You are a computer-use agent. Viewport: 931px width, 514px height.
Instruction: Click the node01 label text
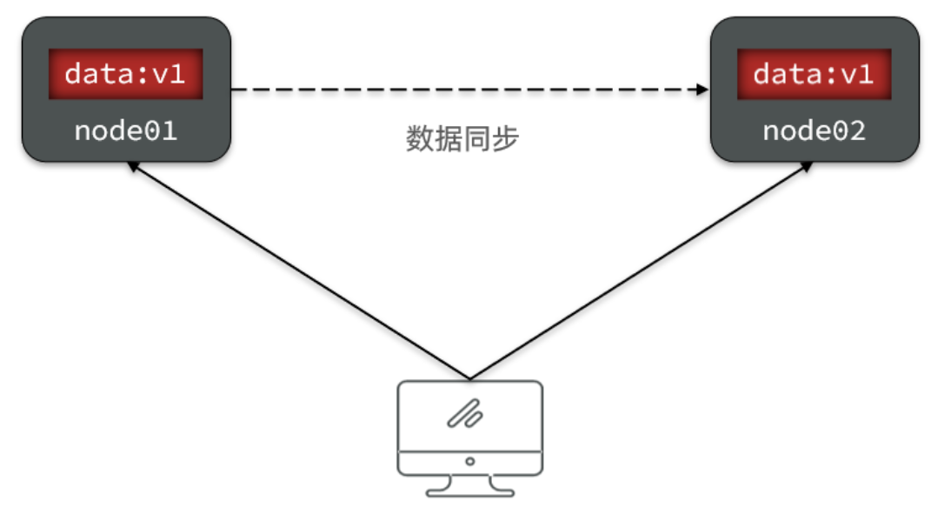(x=125, y=131)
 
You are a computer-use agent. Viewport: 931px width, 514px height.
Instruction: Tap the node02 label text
(x=814, y=131)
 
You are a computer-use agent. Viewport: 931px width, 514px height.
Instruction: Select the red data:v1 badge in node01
(x=125, y=75)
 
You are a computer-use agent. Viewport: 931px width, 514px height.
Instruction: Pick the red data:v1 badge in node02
(x=814, y=75)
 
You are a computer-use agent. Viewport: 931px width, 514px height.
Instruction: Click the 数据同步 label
(x=462, y=139)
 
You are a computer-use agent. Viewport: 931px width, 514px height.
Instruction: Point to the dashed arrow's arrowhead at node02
(x=702, y=89)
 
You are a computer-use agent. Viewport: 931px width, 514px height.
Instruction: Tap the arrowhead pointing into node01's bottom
(x=132, y=165)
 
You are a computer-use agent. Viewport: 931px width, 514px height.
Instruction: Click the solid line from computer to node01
(x=300, y=272)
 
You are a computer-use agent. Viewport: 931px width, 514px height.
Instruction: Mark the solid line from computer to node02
(x=639, y=272)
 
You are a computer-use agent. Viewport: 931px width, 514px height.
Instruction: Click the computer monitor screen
(x=469, y=416)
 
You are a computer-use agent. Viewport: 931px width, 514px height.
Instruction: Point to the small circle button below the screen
(x=469, y=461)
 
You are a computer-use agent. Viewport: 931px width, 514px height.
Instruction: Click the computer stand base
(x=469, y=490)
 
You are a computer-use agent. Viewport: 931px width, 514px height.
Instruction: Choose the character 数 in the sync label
(x=420, y=139)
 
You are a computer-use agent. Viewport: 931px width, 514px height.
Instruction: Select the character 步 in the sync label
(x=505, y=139)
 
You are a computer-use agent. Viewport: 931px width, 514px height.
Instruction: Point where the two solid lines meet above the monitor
(x=469, y=379)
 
